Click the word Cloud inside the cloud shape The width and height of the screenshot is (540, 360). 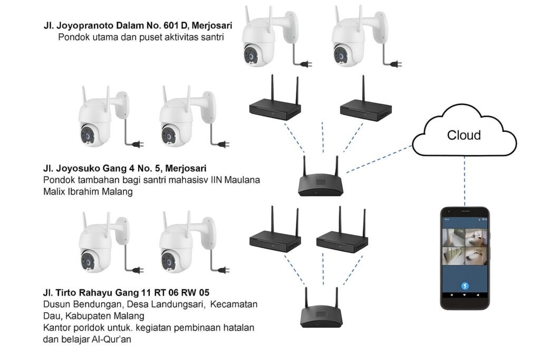point(464,135)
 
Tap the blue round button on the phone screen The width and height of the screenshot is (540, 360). point(465,286)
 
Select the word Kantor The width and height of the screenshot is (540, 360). point(57,328)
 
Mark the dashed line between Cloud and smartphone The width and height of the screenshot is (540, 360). point(465,182)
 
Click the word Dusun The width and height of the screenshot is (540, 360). point(55,305)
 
